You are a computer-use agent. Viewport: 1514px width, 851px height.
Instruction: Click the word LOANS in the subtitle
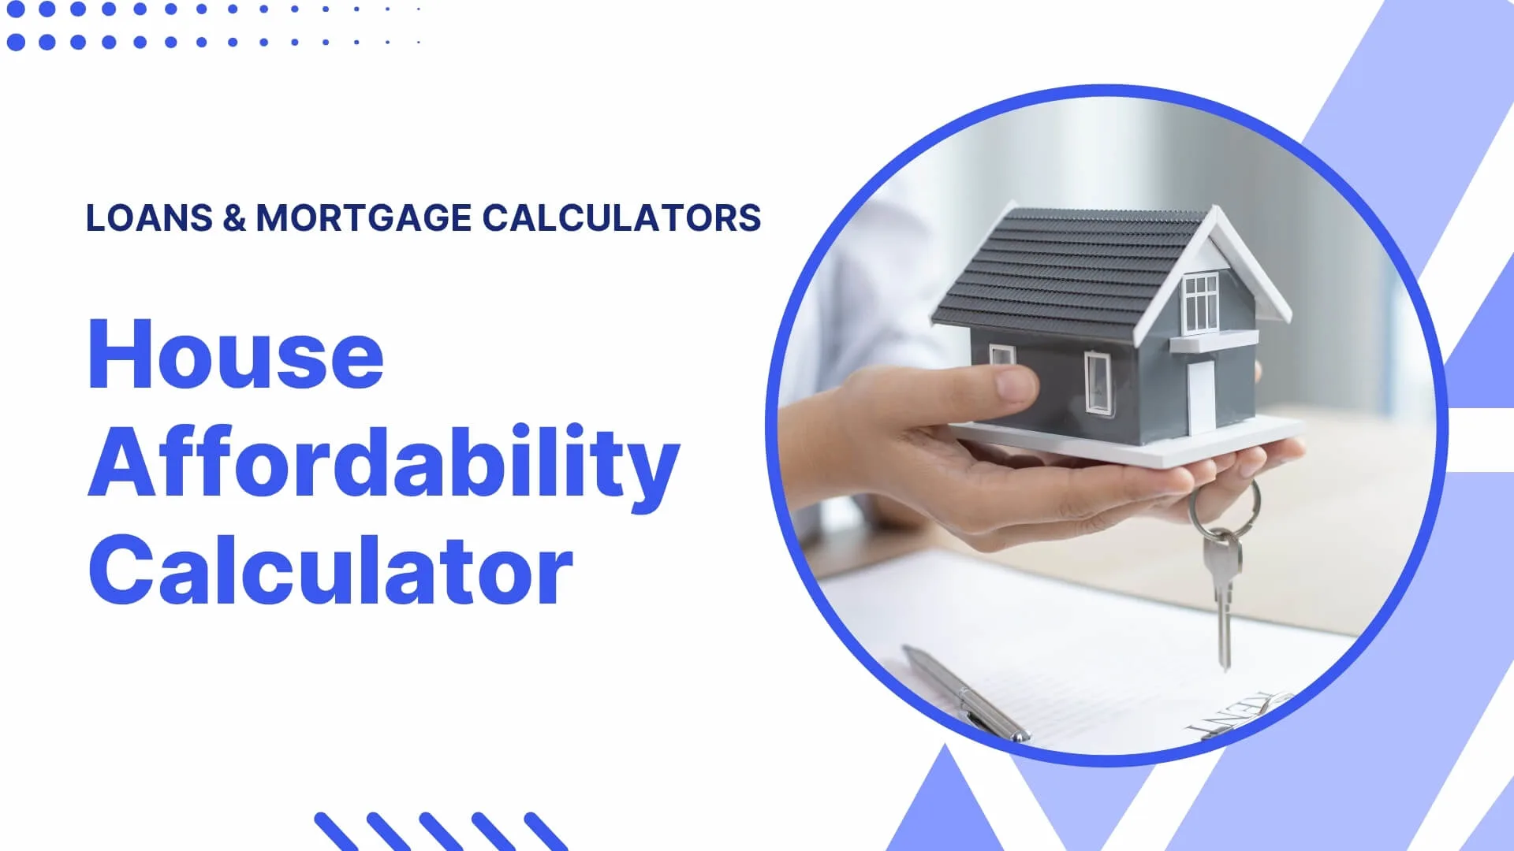coord(149,218)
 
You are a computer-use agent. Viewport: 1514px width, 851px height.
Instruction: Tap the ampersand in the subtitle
coord(234,218)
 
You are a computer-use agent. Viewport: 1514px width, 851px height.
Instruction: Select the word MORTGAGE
coord(364,218)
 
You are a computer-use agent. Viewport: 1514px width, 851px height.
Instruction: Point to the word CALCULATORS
coord(621,218)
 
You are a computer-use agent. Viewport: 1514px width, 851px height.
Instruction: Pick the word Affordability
coord(383,465)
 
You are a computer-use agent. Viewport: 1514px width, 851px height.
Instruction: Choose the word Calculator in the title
coord(330,569)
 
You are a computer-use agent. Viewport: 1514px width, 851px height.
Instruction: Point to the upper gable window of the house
coord(1200,303)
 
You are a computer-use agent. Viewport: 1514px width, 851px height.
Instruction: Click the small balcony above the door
coord(1213,341)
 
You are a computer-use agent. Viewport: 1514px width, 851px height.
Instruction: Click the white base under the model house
coord(1128,441)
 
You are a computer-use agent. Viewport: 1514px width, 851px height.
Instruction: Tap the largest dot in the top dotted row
coord(16,9)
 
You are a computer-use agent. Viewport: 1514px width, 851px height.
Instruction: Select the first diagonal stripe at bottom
coord(337,831)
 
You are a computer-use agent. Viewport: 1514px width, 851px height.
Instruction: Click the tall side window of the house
coord(1097,383)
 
